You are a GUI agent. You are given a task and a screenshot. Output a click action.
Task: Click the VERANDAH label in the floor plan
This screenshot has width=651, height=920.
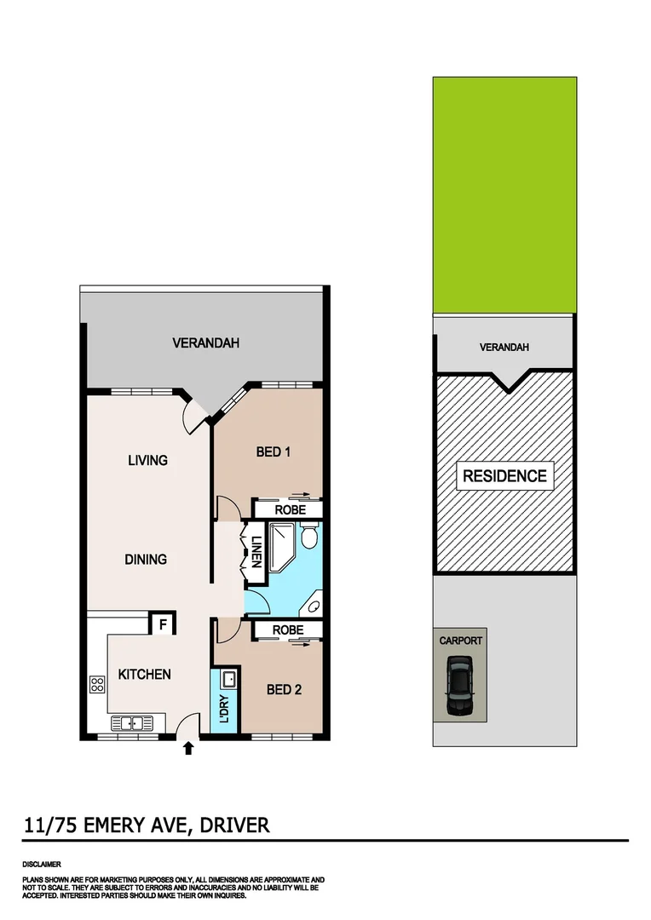click(x=205, y=343)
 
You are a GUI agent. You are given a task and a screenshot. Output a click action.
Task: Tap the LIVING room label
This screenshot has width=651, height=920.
click(x=147, y=461)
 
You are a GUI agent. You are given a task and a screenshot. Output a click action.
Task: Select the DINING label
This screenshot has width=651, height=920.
click(x=146, y=560)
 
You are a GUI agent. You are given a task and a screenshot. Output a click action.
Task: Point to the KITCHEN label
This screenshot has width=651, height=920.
click(x=144, y=674)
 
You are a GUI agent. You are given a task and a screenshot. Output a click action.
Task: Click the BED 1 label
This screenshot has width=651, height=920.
click(x=274, y=451)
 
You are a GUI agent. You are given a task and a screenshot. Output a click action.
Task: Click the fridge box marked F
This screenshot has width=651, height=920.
click(x=162, y=624)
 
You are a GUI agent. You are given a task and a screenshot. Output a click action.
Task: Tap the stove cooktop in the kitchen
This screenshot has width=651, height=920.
click(x=97, y=683)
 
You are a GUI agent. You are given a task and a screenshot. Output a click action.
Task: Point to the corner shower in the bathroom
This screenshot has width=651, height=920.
click(x=281, y=545)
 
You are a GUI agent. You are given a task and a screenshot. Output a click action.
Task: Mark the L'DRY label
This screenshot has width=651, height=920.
click(x=224, y=710)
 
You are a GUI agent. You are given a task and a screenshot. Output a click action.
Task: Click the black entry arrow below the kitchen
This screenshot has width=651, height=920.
click(x=188, y=748)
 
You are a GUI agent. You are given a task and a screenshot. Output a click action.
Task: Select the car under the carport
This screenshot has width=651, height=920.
click(x=458, y=686)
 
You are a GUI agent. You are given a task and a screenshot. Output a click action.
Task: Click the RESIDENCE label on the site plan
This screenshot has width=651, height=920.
click(x=504, y=475)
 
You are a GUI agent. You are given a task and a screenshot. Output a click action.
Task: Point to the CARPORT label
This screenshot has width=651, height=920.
click(x=461, y=641)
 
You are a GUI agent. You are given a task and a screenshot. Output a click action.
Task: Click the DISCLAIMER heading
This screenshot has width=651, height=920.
click(x=42, y=865)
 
